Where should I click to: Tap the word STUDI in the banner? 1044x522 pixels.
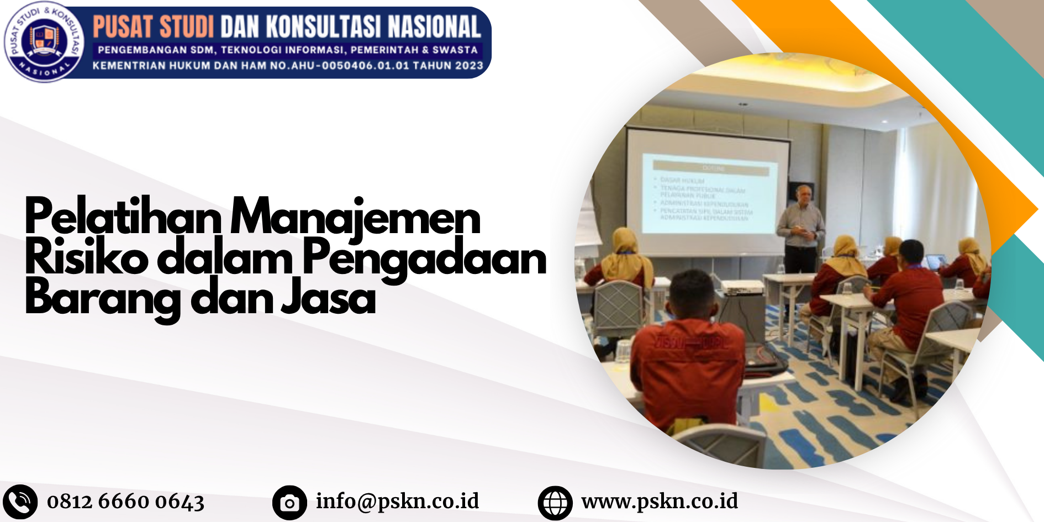click(187, 27)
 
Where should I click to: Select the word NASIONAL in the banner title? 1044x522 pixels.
click(434, 27)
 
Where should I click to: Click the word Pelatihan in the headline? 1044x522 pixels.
click(123, 218)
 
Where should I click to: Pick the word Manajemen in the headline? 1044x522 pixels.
click(355, 218)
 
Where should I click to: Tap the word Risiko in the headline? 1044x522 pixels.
click(86, 257)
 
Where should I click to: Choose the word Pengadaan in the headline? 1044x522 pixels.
click(424, 259)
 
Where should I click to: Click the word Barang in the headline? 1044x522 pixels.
click(103, 298)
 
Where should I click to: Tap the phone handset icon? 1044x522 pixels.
click(20, 502)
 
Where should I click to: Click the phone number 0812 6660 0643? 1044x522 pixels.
click(125, 502)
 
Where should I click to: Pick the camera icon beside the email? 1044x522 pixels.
click(289, 503)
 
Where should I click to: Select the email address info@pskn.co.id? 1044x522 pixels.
click(397, 501)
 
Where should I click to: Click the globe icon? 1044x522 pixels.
click(555, 503)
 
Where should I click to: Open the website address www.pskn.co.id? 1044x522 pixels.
click(660, 501)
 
